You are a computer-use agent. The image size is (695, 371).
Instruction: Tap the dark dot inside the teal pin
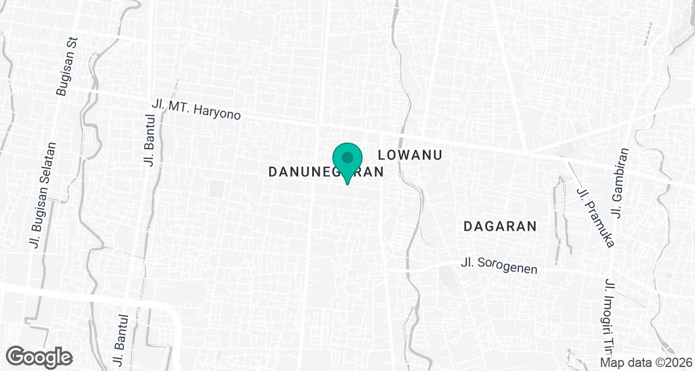tap(347, 158)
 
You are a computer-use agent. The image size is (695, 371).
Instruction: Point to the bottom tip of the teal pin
tap(347, 184)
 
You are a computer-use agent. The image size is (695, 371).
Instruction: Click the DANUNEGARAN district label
tap(327, 172)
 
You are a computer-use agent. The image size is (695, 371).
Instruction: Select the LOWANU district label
tap(410, 155)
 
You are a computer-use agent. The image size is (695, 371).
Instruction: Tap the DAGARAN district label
tap(500, 227)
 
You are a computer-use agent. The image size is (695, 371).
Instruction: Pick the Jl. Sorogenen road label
tap(499, 266)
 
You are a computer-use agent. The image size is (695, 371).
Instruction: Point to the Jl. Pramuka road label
tap(595, 216)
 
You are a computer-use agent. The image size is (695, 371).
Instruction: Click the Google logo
tap(39, 355)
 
